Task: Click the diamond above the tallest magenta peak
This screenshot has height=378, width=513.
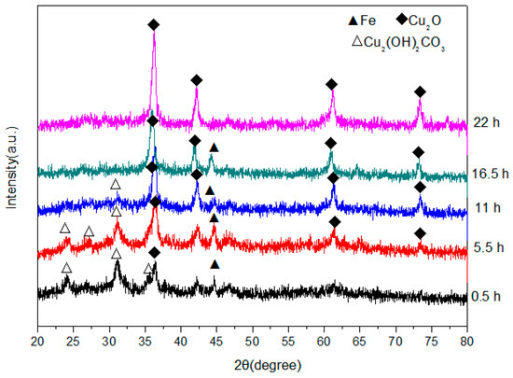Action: pyautogui.click(x=153, y=24)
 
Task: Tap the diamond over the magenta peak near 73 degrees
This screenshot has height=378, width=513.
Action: pyautogui.click(x=420, y=91)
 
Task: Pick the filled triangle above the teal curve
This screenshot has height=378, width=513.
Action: pyautogui.click(x=214, y=147)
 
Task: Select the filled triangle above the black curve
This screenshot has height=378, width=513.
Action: pyautogui.click(x=215, y=265)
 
